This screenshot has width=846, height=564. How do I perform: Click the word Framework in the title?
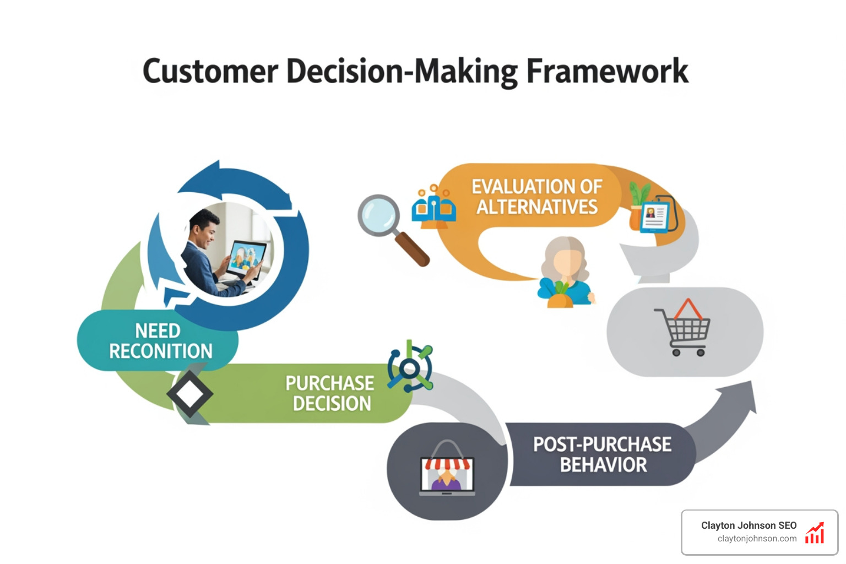pyautogui.click(x=607, y=72)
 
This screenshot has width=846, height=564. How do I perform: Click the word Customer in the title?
pyautogui.click(x=210, y=72)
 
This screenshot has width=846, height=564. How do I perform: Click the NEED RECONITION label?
pyautogui.click(x=160, y=341)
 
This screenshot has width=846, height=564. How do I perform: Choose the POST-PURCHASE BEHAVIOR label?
pyautogui.click(x=603, y=454)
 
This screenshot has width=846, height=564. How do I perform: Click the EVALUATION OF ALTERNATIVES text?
pyautogui.click(x=537, y=197)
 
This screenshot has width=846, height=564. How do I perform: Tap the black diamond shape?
pyautogui.click(x=189, y=393)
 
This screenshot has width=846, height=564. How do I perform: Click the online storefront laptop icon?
pyautogui.click(x=447, y=475)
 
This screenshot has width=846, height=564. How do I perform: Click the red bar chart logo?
pyautogui.click(x=815, y=533)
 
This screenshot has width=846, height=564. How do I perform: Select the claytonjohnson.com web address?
pyautogui.click(x=756, y=539)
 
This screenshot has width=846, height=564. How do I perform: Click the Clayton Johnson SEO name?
pyautogui.click(x=749, y=525)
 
